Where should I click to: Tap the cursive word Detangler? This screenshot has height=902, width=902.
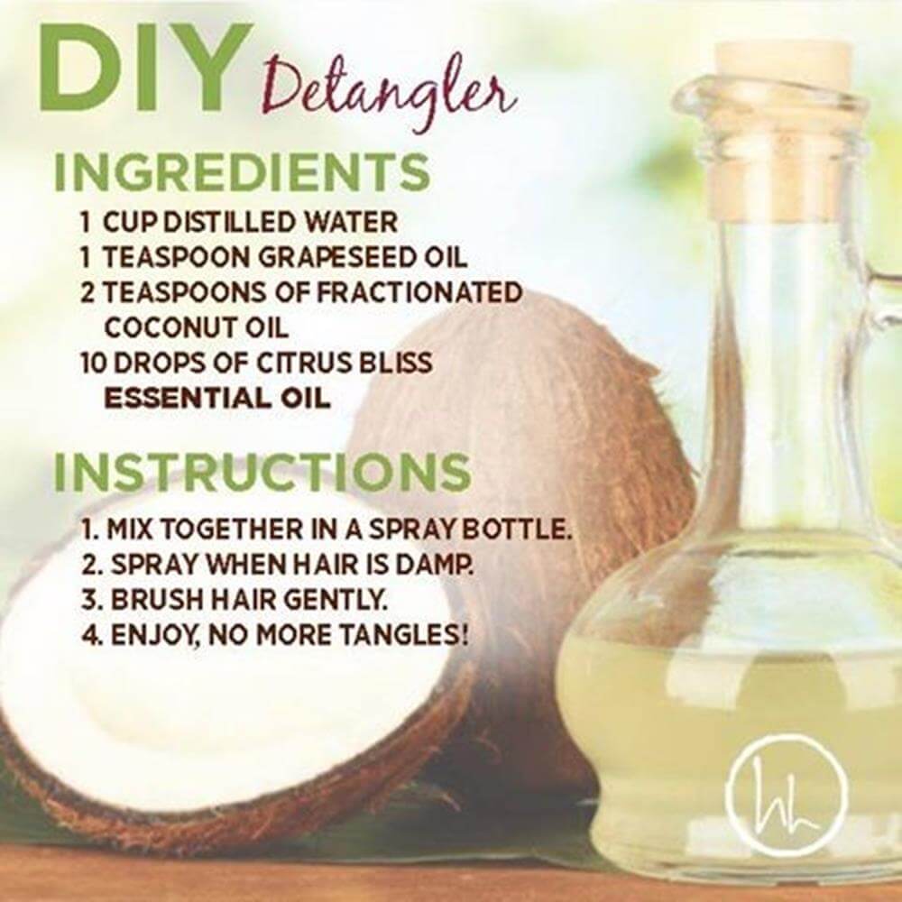coord(388,97)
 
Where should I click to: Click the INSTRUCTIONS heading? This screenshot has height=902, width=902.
coord(262,474)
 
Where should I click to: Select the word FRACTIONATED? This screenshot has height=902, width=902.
coord(419,293)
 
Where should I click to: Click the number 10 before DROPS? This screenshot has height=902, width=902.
coord(95,363)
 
